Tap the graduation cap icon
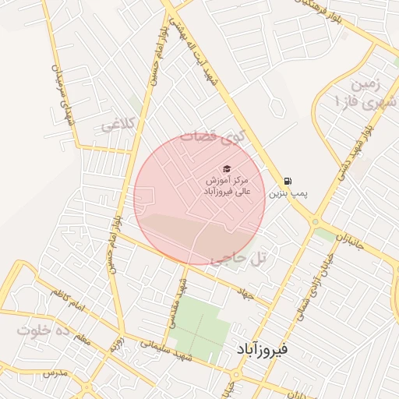(x=227, y=169)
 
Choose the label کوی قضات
(x=213, y=136)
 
